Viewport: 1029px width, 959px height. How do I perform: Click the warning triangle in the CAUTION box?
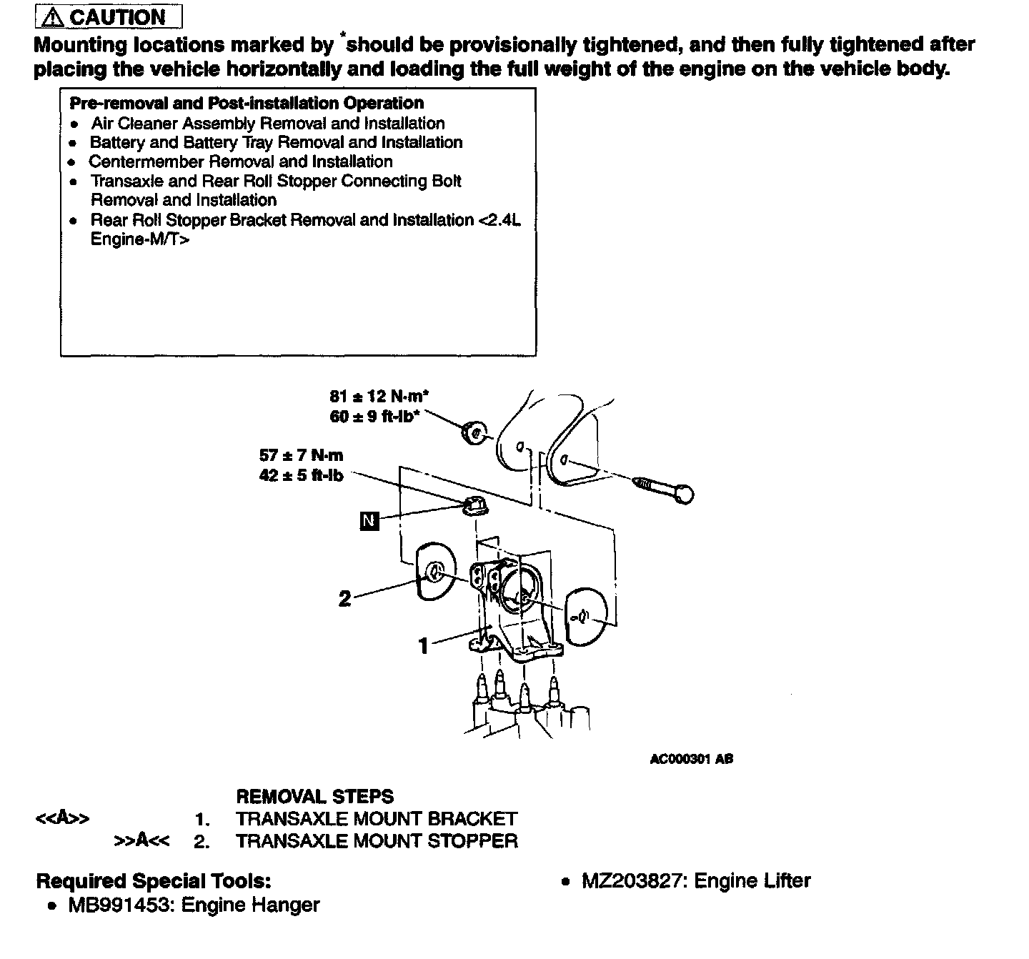[x=53, y=17]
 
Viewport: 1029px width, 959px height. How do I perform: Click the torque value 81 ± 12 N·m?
[x=379, y=396]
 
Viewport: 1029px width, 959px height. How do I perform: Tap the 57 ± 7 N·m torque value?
[x=301, y=455]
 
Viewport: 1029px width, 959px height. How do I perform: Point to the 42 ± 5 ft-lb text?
[x=301, y=475]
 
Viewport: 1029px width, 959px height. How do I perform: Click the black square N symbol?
[x=369, y=521]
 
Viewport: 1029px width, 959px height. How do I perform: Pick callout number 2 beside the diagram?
[x=344, y=598]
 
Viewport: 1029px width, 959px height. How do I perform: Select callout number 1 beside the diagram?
[x=424, y=646]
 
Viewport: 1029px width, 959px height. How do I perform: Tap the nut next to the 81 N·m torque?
[x=472, y=432]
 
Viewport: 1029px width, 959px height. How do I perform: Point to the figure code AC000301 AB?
[x=691, y=759]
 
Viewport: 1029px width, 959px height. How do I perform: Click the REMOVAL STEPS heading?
[x=314, y=797]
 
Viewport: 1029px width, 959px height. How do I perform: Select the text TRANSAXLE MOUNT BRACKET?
[x=376, y=819]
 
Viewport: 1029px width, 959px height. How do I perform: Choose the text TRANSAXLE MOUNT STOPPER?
[x=377, y=841]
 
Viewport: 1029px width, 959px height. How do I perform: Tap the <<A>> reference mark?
[x=62, y=819]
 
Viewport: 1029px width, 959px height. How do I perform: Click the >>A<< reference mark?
[x=141, y=841]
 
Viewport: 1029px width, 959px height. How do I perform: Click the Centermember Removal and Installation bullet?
[x=241, y=162]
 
